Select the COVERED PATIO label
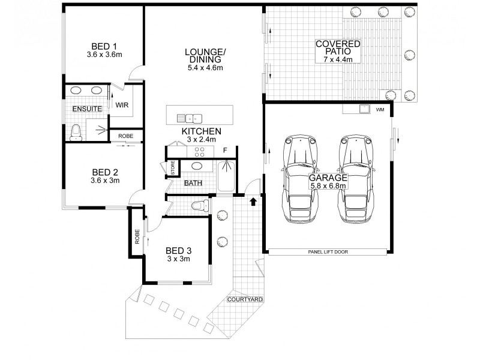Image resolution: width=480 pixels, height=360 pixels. (x=338, y=44)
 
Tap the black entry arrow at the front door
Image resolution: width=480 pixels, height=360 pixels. (x=253, y=202)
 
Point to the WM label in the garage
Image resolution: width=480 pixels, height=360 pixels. (x=379, y=110)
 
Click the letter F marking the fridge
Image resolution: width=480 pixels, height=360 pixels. (x=225, y=149)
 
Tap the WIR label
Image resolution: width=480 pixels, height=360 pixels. (x=122, y=106)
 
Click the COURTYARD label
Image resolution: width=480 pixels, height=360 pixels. (x=245, y=299)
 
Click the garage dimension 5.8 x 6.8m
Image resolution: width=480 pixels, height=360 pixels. (x=328, y=187)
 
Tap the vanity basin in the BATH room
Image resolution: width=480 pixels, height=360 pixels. (x=197, y=166)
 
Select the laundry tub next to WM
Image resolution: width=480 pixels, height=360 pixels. (x=363, y=109)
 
